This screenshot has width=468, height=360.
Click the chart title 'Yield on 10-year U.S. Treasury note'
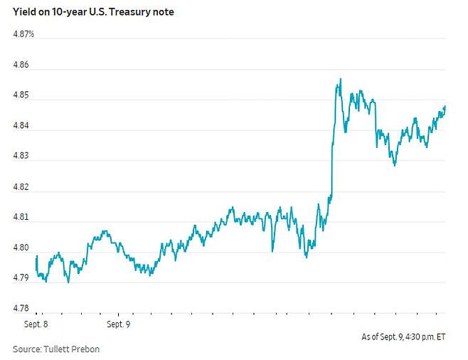coord(93,12)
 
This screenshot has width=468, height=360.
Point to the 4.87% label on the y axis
coord(23,34)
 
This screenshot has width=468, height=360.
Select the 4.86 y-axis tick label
coord(21,65)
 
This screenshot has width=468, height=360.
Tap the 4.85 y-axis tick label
coord(21,95)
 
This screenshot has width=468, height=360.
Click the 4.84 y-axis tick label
coord(21,125)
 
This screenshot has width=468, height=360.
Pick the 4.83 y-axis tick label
coord(21,156)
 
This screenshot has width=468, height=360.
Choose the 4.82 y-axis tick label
coord(21,187)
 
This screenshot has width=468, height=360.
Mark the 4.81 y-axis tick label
coord(21,217)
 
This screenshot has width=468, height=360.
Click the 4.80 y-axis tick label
coord(21,248)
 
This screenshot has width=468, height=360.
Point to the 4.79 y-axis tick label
coord(21,277)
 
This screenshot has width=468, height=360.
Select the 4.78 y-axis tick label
coord(21,308)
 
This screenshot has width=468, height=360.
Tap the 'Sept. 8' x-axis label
coord(36,324)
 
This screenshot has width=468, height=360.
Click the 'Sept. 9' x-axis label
coord(119,324)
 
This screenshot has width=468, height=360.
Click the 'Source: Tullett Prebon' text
coord(56,349)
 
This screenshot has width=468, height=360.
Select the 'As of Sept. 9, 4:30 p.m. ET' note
coord(403,337)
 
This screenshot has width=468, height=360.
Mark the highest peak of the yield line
coord(341,79)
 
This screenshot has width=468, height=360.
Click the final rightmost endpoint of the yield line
coord(445,106)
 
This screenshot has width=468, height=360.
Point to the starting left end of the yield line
coord(36,257)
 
